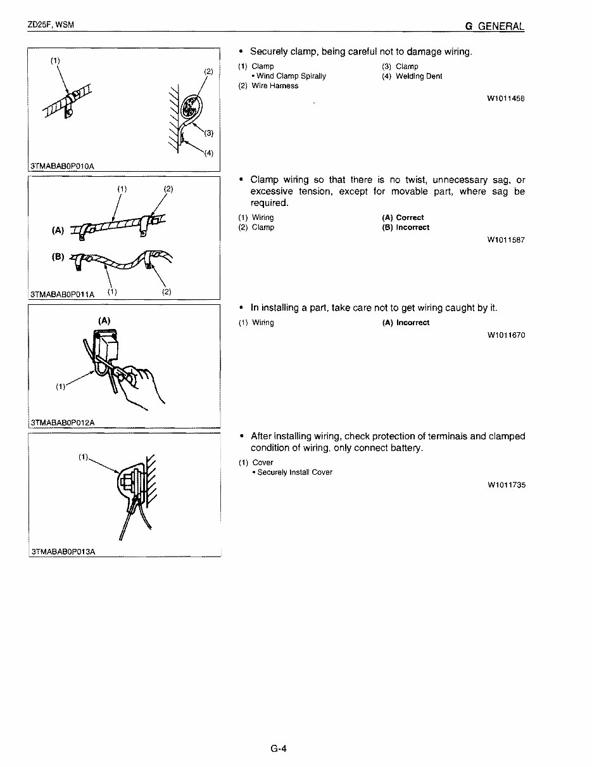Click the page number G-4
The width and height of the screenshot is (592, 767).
coord(279,749)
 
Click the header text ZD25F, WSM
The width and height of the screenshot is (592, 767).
coord(51,25)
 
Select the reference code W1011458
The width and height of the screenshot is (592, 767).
coord(506,98)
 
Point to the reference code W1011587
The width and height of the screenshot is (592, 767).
coord(506,240)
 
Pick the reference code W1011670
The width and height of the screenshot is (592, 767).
coord(506,335)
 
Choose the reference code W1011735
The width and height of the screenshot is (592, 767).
coord(506,485)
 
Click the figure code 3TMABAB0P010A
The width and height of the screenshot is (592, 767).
coord(62,167)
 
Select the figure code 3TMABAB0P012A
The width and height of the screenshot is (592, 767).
coord(62,423)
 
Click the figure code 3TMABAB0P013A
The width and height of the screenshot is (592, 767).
coord(62,551)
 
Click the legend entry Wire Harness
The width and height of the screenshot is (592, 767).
coord(268,86)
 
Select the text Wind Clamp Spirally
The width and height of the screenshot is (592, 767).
coord(291,76)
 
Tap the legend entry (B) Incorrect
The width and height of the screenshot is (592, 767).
coord(405,228)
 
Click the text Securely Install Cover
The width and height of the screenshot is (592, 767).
coord(294,472)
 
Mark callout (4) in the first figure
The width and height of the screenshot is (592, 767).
coord(208,153)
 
